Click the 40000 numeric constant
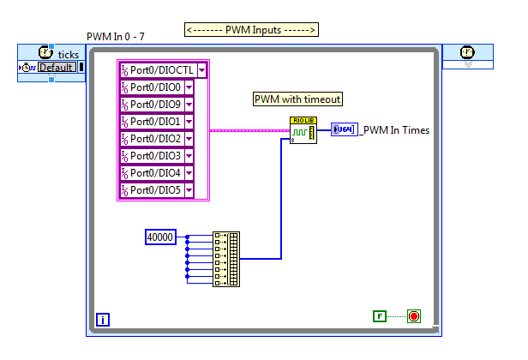(x=160, y=237)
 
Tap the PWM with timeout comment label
(x=297, y=99)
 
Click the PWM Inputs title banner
(x=251, y=30)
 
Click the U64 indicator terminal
(x=344, y=130)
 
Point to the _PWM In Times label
(x=395, y=130)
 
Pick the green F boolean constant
(x=380, y=316)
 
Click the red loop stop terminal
(x=415, y=316)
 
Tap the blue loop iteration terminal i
(x=103, y=321)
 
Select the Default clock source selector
(x=57, y=68)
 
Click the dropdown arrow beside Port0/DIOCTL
(x=201, y=70)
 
